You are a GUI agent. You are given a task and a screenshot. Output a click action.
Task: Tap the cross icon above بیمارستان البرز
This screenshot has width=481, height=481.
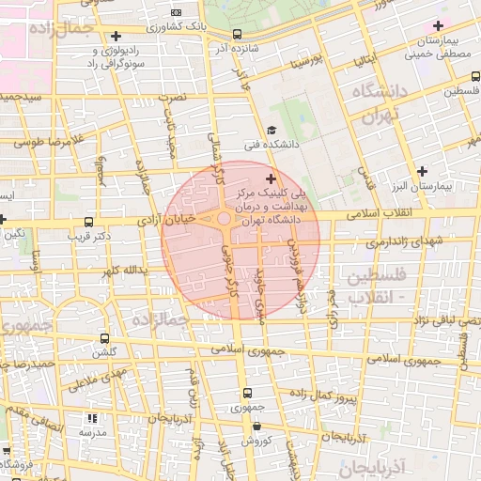(423, 171)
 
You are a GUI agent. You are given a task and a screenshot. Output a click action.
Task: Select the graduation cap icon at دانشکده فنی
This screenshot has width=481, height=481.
(272, 131)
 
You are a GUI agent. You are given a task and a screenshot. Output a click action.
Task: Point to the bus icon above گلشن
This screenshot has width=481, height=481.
(103, 338)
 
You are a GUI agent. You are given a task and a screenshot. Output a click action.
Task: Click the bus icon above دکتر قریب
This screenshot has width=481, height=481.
(88, 223)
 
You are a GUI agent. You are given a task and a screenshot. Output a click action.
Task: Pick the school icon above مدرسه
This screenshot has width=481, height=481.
(91, 418)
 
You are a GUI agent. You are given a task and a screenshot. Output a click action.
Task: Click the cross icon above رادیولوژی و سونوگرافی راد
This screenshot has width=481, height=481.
(116, 36)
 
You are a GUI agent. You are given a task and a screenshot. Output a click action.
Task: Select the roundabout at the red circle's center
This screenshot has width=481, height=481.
(225, 220)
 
